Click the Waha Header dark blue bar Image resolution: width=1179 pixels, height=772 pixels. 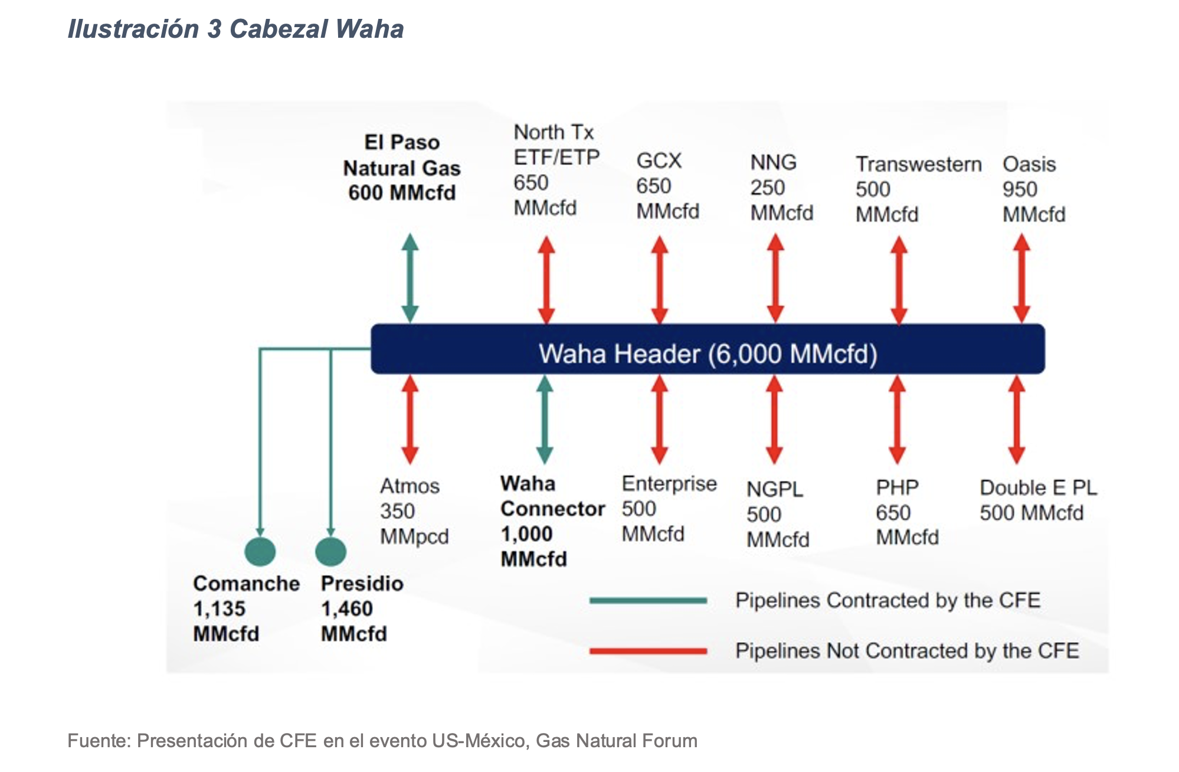[707, 349]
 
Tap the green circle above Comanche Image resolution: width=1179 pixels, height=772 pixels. [260, 552]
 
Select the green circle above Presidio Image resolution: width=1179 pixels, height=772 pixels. [330, 552]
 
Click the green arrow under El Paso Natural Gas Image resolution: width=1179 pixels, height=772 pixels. [410, 278]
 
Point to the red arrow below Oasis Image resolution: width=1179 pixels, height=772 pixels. [1021, 279]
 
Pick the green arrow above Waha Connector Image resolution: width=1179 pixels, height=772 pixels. [544, 420]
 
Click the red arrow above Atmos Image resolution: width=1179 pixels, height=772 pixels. [410, 420]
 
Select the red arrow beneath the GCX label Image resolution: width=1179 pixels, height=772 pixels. [659, 280]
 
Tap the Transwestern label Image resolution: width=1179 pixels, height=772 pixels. [918, 164]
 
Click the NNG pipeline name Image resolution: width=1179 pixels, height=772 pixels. [773, 162]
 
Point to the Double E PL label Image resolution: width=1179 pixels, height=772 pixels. [1038, 488]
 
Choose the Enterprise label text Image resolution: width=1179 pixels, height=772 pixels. [669, 484]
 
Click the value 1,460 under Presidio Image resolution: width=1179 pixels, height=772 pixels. [346, 609]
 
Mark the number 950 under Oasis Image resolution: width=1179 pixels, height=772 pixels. [1019, 189]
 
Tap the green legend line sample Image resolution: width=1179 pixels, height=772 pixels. [648, 601]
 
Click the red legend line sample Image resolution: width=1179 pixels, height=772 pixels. [648, 651]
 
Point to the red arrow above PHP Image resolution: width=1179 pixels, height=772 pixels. [897, 420]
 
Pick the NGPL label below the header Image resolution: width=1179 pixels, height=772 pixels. [774, 489]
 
